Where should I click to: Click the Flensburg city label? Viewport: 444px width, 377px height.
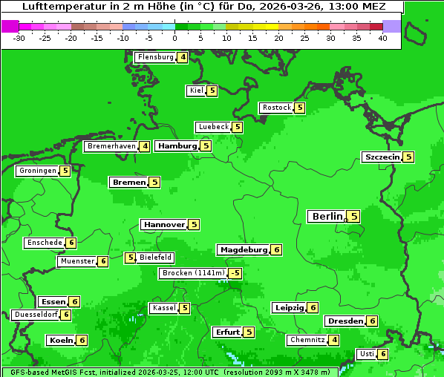(x=155, y=57)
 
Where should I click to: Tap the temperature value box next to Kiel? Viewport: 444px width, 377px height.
(x=212, y=91)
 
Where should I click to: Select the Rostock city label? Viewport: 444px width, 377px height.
(x=277, y=108)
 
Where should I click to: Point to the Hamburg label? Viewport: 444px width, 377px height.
(x=177, y=146)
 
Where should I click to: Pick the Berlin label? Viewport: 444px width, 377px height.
(x=327, y=216)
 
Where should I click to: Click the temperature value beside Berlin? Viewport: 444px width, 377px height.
(x=354, y=216)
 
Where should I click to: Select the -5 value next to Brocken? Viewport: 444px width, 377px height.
(x=235, y=273)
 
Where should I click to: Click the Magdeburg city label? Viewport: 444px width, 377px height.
(x=243, y=249)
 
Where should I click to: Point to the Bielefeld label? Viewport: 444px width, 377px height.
(x=156, y=258)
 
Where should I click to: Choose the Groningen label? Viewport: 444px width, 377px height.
(x=37, y=171)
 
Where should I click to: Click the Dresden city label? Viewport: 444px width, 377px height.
(x=345, y=321)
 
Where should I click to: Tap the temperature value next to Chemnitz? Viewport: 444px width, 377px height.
(x=335, y=340)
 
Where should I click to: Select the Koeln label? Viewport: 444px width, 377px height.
(x=59, y=340)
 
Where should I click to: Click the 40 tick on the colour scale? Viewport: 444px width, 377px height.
(x=382, y=38)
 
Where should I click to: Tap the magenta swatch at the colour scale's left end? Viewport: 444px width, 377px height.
(x=10, y=26)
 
